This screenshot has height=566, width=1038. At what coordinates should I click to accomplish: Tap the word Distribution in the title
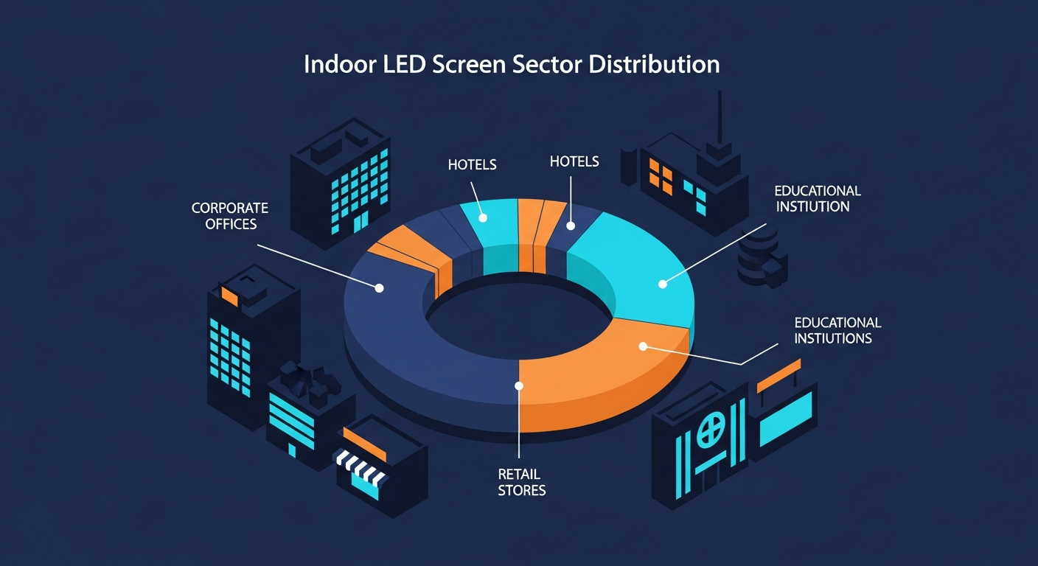(655, 64)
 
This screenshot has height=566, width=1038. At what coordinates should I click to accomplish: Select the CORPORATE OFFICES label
(230, 216)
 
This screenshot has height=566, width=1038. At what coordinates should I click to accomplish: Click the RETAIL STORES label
(522, 482)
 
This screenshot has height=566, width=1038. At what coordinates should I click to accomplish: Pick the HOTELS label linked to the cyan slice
(473, 164)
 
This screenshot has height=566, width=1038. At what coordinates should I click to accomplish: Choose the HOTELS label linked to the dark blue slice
(574, 161)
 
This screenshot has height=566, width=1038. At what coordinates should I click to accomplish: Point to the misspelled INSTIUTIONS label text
(833, 338)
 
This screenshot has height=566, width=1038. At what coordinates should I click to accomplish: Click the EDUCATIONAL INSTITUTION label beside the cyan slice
(818, 199)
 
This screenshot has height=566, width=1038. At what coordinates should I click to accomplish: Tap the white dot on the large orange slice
(643, 346)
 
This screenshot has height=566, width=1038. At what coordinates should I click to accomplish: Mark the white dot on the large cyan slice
(663, 284)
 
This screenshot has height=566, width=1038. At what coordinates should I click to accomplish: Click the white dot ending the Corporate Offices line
(379, 288)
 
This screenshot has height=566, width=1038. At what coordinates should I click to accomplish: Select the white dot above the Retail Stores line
(519, 386)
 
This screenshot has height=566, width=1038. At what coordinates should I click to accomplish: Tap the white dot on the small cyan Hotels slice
(483, 218)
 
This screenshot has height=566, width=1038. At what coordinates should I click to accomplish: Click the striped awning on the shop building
(360, 466)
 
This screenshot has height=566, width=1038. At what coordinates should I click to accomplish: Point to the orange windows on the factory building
(661, 176)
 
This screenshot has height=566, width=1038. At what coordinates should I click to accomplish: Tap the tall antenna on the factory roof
(720, 116)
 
